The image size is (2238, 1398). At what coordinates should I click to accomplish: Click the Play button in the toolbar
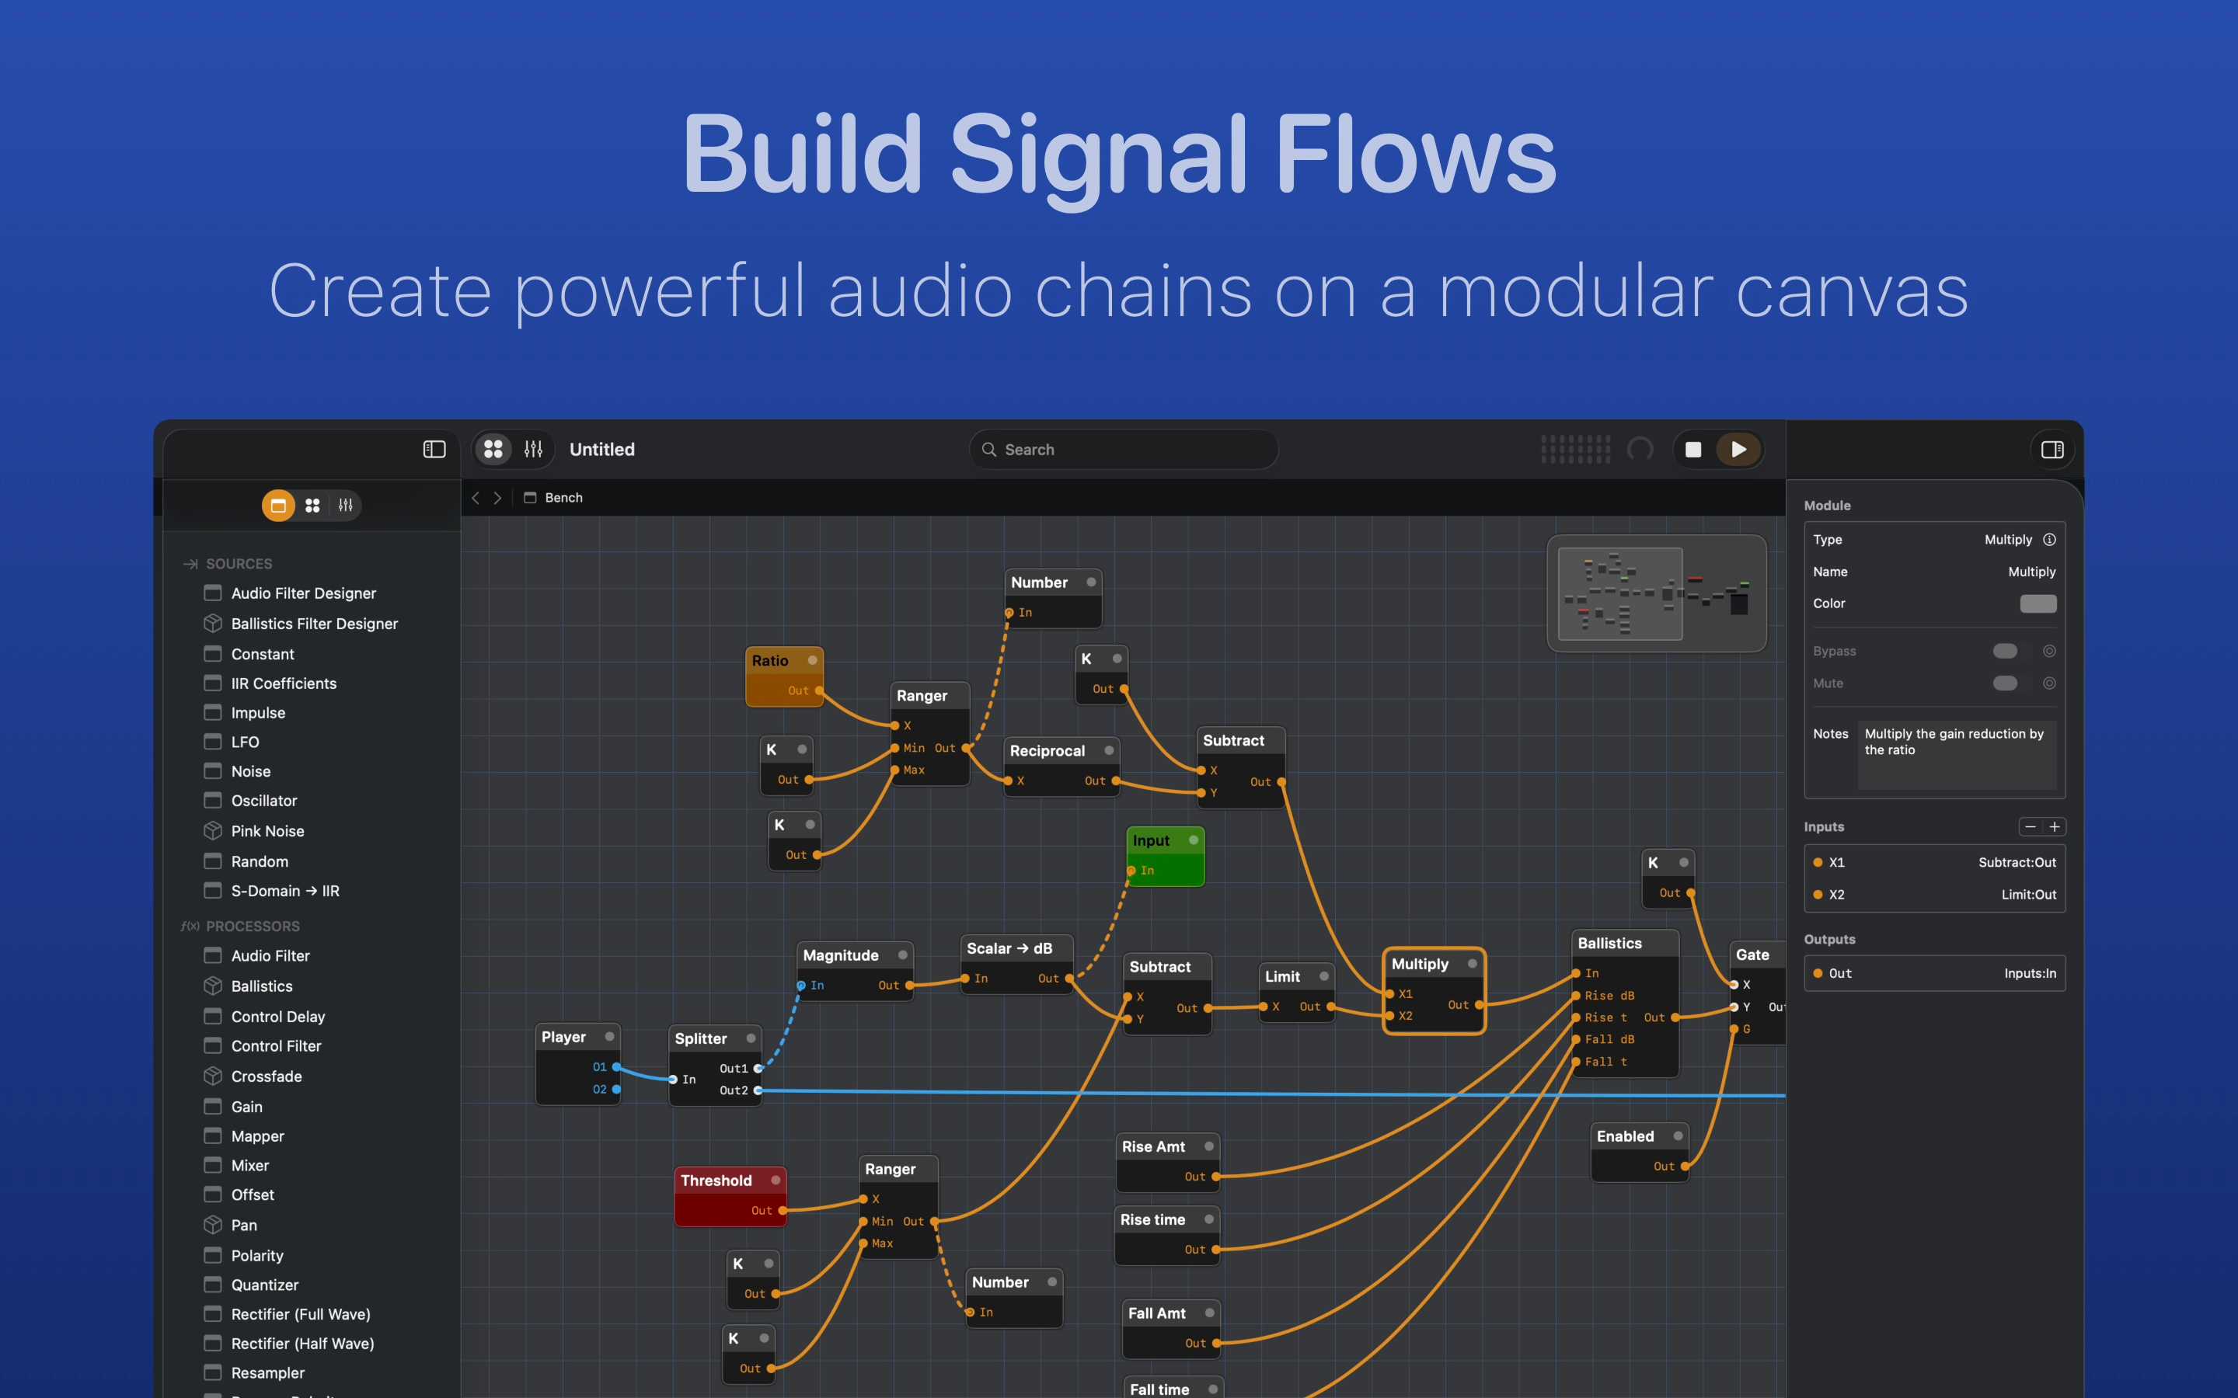[x=1738, y=450]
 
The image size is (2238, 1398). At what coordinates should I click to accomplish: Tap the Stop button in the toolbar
[x=1693, y=450]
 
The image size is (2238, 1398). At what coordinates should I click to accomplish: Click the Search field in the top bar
[x=1124, y=450]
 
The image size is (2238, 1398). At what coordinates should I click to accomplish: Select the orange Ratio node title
[x=770, y=660]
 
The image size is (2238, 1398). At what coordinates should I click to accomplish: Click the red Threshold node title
[x=716, y=1180]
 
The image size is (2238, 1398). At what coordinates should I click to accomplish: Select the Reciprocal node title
[x=1047, y=751]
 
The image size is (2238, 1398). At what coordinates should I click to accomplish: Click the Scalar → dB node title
[x=1009, y=948]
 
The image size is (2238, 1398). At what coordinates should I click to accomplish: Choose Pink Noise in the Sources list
[x=267, y=831]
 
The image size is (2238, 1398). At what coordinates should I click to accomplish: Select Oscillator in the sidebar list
[x=263, y=801]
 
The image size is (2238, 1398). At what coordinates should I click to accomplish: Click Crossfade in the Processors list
[x=267, y=1076]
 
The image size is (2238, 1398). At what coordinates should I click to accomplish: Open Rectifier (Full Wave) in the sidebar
[x=301, y=1314]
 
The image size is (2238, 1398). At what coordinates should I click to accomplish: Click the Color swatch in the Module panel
[x=2038, y=603]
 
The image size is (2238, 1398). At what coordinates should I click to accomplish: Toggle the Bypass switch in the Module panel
[x=2005, y=651]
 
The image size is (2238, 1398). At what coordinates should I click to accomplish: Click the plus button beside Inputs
[x=2054, y=826]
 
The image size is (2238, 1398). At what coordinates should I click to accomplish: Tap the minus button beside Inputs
[x=2030, y=826]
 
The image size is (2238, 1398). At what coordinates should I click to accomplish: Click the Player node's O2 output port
[x=617, y=1089]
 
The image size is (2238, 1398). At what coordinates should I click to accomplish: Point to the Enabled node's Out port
[x=1685, y=1166]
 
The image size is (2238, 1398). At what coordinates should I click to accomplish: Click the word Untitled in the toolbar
[x=602, y=450]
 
